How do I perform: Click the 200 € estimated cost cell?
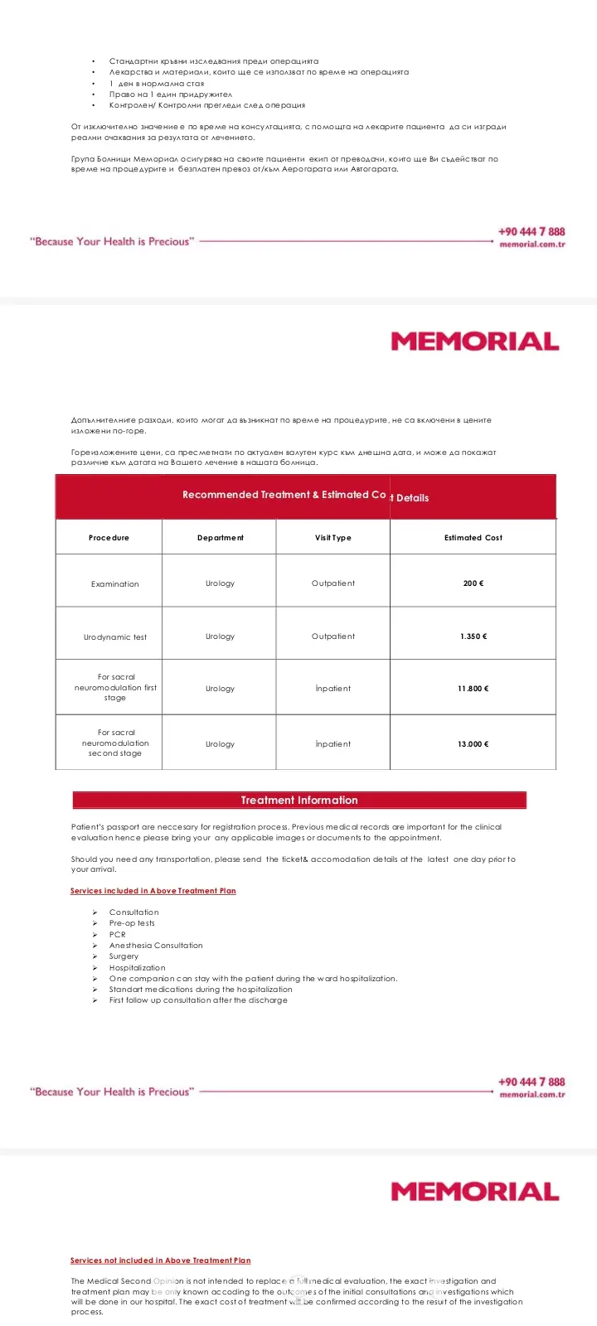tap(473, 583)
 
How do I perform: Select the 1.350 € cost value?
tap(473, 636)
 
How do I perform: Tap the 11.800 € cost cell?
tap(473, 689)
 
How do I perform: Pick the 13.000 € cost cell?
tap(473, 744)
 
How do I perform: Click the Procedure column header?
tap(109, 538)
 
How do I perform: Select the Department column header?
tap(220, 538)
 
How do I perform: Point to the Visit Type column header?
tap(332, 538)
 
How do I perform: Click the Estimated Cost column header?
tap(473, 538)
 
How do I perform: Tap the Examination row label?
tap(114, 584)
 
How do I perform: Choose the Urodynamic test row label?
tap(114, 637)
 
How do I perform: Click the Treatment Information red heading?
tap(299, 801)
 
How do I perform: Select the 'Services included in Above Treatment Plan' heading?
tap(153, 891)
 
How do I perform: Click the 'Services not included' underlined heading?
tap(160, 1261)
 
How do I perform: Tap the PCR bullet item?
tap(118, 935)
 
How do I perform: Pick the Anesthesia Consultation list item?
tap(156, 946)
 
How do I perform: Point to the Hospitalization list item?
tap(137, 968)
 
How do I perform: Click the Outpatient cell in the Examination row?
tap(332, 583)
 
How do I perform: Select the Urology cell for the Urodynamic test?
tap(220, 636)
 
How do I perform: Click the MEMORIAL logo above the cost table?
tap(474, 341)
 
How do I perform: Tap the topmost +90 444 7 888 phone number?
tap(531, 232)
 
